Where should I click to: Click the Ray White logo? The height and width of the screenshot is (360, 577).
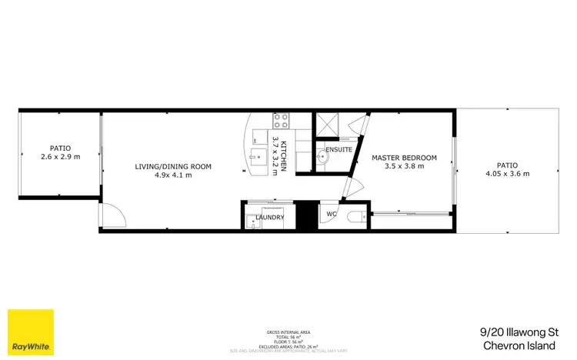[x=31, y=332]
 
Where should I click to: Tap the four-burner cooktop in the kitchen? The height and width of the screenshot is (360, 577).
[x=281, y=120]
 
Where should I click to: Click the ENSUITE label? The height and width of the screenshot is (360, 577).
[x=339, y=149]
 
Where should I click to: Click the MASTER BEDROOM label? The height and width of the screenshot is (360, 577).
[x=404, y=158]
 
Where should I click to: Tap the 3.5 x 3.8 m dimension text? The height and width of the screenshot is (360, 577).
[x=404, y=167]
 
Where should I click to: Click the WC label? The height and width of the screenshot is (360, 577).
[x=332, y=214]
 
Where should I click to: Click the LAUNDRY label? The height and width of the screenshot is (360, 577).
[x=269, y=218]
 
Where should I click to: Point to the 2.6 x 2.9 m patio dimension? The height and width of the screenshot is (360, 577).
[x=59, y=156]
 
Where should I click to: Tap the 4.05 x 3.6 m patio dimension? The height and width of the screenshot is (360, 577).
[x=507, y=173]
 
